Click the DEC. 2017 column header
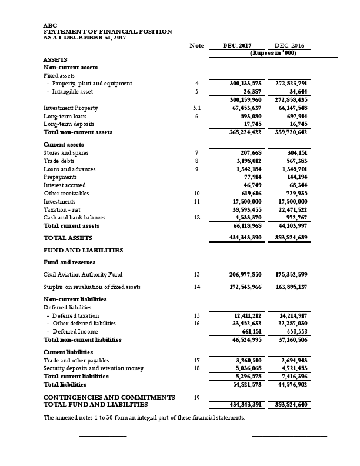pyautogui.click(x=238, y=45)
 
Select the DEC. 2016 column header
pyautogui.click(x=289, y=45)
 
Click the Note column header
pyautogui.click(x=196, y=45)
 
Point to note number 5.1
pyautogui.click(x=197, y=108)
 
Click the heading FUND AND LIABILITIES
pyautogui.click(x=83, y=250)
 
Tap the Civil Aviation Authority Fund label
pyautogui.click(x=83, y=274)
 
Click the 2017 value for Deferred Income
pyautogui.click(x=250, y=332)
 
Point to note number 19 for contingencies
pyautogui.click(x=197, y=397)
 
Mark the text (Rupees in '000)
pyautogui.click(x=273, y=53)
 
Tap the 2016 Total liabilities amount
pyautogui.click(x=292, y=384)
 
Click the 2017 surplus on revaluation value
pyautogui.click(x=245, y=287)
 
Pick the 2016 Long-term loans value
pyautogui.click(x=297, y=116)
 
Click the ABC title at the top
pyautogui.click(x=51, y=25)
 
